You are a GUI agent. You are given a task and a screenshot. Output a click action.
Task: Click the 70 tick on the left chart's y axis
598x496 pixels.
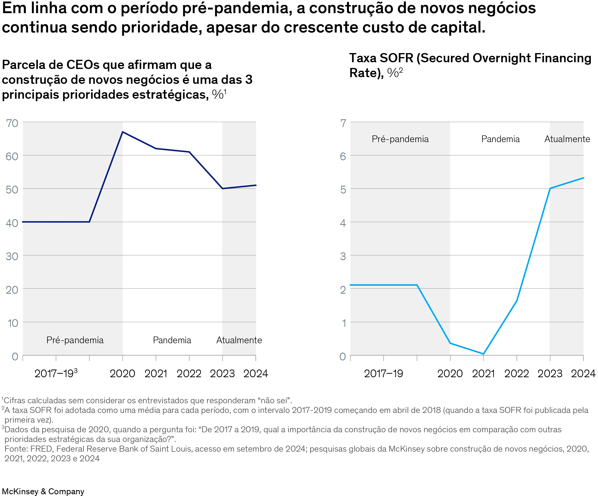tap(12, 123)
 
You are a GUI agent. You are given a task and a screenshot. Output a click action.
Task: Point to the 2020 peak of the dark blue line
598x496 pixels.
tap(122, 132)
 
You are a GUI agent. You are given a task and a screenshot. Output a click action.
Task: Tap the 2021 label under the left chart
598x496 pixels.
tap(156, 373)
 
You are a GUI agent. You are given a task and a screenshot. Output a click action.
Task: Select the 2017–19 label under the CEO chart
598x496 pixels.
tap(56, 373)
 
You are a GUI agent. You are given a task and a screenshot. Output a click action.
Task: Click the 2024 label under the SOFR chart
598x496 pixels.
tap(583, 373)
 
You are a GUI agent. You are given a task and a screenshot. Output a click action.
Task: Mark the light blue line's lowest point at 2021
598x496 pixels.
tap(483, 354)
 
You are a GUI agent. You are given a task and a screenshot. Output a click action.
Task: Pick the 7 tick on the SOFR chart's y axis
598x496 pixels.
tap(343, 123)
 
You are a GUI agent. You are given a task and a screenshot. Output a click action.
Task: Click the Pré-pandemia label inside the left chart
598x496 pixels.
tap(75, 340)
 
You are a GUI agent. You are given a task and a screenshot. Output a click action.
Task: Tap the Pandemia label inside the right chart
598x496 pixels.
tap(500, 139)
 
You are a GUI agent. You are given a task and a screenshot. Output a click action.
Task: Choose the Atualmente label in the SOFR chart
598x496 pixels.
tap(567, 139)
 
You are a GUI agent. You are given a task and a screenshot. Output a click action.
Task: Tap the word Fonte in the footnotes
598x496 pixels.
tap(15, 449)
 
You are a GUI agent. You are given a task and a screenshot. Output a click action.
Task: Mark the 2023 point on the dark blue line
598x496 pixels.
tap(222, 188)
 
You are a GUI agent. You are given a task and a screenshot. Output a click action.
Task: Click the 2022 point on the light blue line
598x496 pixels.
tap(516, 301)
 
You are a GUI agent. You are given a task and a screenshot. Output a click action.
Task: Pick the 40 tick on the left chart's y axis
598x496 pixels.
tap(12, 223)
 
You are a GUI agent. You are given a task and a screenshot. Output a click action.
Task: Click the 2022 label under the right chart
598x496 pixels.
tap(516, 373)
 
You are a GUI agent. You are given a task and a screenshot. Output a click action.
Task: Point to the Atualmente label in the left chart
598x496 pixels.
tap(239, 340)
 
